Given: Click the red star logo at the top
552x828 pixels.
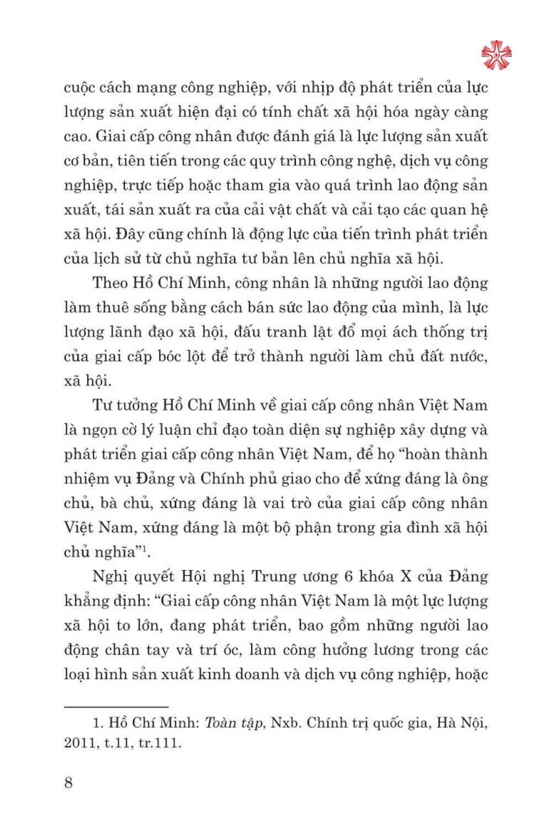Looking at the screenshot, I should pos(496,55).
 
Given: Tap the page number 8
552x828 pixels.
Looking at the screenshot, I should pos(68,782).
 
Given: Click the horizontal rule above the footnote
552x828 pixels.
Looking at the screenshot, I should pos(116,707).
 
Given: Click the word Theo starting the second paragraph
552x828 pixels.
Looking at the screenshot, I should pos(110,283).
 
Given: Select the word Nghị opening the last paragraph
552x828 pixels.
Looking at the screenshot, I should pos(110,576).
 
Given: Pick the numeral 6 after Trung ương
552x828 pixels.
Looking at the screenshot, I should pos(348,576).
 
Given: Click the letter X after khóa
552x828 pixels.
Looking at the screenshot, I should pos(406,576).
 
